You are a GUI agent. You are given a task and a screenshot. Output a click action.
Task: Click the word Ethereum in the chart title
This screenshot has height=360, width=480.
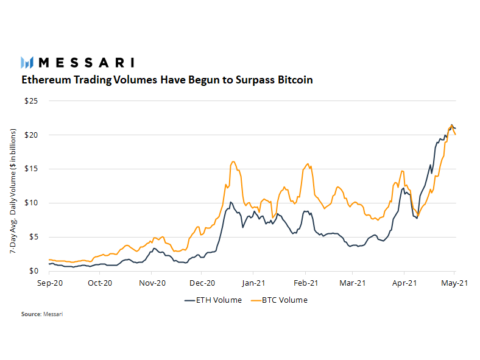47,80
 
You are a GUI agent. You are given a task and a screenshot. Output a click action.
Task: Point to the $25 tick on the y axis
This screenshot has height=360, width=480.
31,101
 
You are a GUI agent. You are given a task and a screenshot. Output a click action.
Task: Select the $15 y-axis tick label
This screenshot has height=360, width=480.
31,169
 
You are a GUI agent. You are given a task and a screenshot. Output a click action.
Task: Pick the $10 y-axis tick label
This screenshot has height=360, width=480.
31,203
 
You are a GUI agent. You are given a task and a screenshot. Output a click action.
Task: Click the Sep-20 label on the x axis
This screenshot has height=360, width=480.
49,283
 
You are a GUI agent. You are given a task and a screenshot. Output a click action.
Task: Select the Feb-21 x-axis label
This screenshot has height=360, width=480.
306,283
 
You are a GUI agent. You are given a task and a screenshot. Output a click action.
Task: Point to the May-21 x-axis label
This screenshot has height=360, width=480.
454,283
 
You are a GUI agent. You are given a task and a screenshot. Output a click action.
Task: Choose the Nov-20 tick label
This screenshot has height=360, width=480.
152,283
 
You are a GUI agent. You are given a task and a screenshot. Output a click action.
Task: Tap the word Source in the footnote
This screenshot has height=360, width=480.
30,314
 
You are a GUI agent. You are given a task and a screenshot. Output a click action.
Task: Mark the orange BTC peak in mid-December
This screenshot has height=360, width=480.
233,161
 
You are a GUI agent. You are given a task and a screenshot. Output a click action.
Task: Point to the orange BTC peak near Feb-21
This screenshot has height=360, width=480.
308,163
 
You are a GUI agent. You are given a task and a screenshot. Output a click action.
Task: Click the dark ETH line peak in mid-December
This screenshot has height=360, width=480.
230,202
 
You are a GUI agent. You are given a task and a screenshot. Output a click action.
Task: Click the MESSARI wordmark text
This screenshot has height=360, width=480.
86,62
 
